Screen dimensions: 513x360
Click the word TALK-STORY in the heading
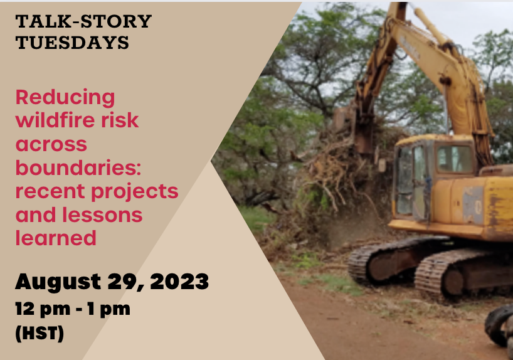click(x=83, y=21)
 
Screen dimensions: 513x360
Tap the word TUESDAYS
click(x=72, y=43)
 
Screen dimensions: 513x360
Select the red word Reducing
click(x=65, y=98)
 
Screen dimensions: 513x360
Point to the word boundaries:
click(x=78, y=167)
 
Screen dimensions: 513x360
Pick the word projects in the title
click(x=135, y=192)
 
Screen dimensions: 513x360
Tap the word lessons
click(x=102, y=214)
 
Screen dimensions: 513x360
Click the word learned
click(x=56, y=238)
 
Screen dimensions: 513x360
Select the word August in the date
click(x=58, y=282)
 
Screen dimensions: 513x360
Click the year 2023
click(x=179, y=282)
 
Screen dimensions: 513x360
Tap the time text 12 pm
click(x=43, y=310)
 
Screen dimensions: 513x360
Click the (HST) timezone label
click(x=40, y=334)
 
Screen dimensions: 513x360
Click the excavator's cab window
click(x=455, y=159)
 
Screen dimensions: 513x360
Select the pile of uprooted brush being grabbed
click(x=341, y=180)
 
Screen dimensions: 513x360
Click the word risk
click(x=120, y=120)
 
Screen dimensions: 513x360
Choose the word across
click(x=51, y=144)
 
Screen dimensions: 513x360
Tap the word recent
click(x=51, y=192)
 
